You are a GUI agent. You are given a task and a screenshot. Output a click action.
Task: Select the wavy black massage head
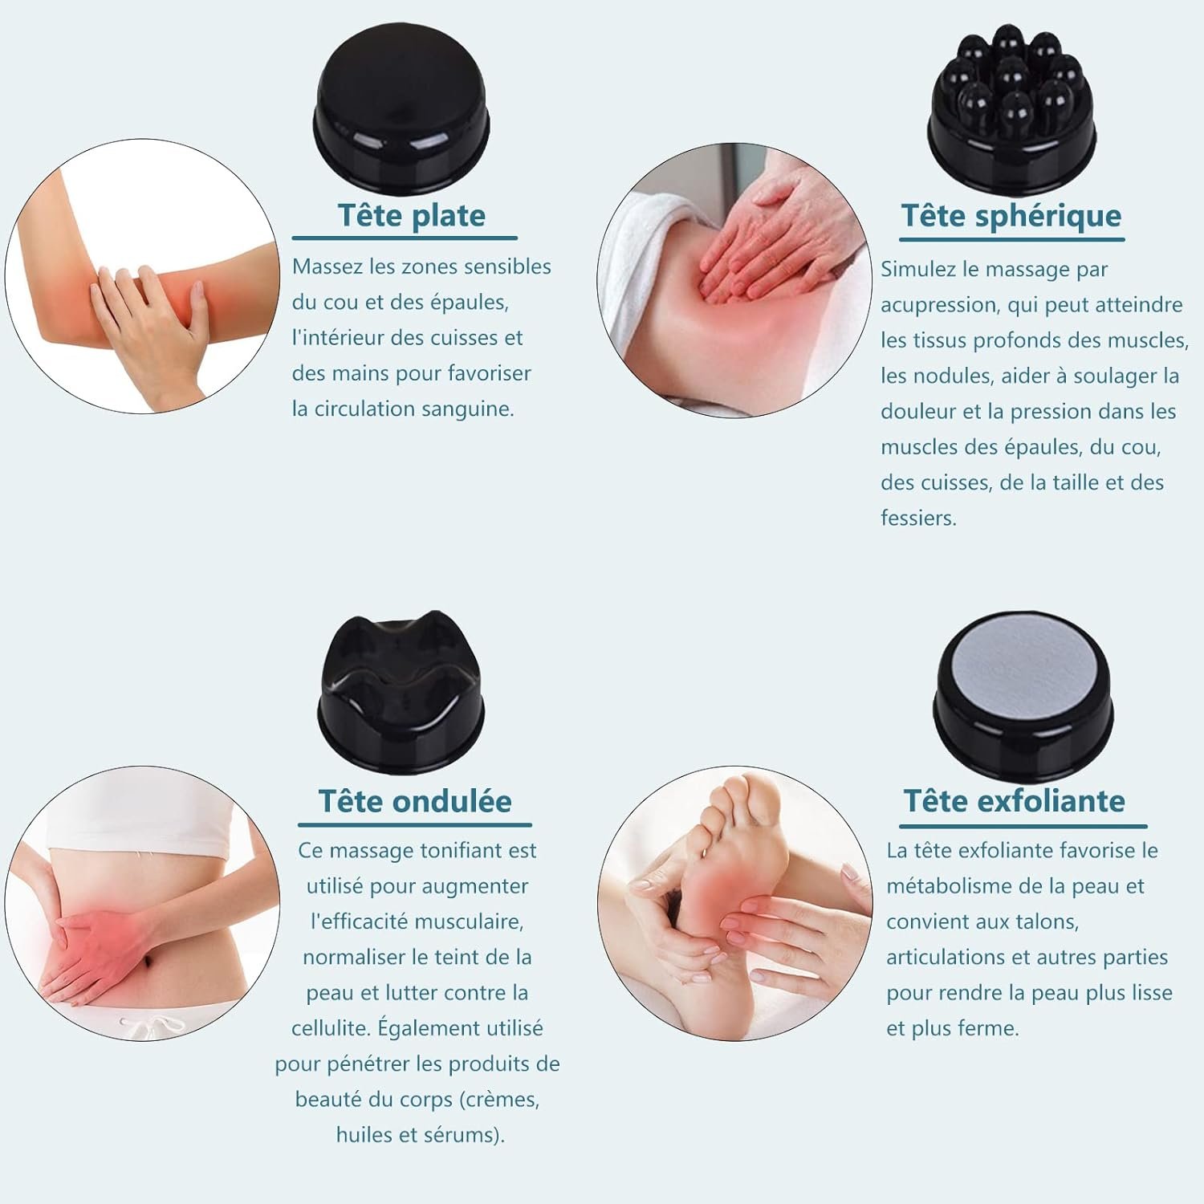click(x=401, y=694)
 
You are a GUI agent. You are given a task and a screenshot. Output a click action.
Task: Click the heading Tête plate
click(x=411, y=215)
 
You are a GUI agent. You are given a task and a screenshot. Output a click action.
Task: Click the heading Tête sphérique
click(x=1011, y=216)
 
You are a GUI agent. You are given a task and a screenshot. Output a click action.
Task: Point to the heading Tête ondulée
click(x=415, y=800)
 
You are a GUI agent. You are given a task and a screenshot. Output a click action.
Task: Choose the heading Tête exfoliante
click(x=1015, y=800)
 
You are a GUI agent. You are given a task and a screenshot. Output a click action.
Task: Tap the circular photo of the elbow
click(x=142, y=276)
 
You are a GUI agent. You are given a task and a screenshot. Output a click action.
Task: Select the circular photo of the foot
click(x=734, y=903)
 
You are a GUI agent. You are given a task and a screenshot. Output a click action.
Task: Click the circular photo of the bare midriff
click(x=142, y=903)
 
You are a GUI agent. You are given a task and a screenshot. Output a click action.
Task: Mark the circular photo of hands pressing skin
click(x=734, y=281)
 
